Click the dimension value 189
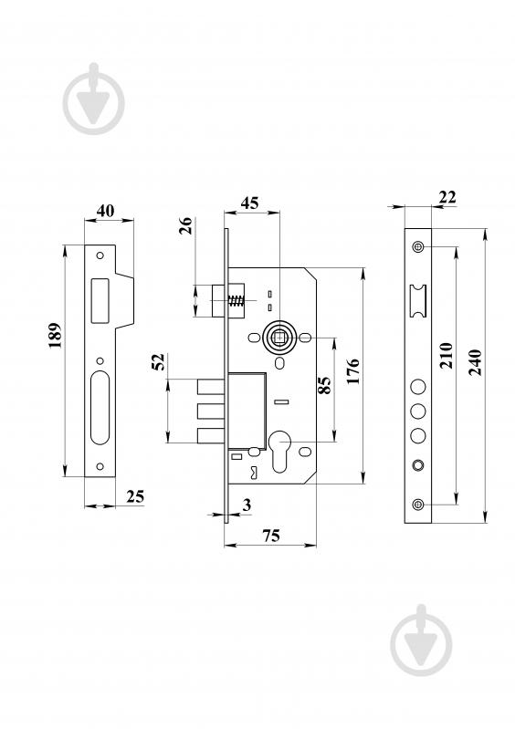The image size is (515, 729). click(x=56, y=335)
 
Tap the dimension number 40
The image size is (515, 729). click(x=105, y=211)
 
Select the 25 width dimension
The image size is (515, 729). click(x=135, y=496)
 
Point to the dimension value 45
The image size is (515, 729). click(x=249, y=203)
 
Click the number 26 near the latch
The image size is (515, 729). click(x=186, y=226)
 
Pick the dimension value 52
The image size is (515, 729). click(x=159, y=362)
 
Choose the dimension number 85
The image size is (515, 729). click(x=325, y=385)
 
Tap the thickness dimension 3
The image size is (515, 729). click(x=247, y=505)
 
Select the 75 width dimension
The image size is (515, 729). click(x=271, y=536)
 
